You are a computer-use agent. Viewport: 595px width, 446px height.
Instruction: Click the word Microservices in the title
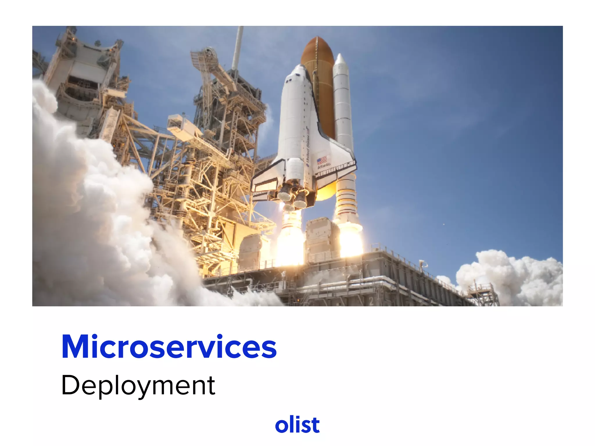tap(169, 347)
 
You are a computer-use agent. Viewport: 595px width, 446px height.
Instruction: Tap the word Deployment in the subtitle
tap(138, 385)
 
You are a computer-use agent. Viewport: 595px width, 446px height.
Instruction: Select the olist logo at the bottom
tap(297, 425)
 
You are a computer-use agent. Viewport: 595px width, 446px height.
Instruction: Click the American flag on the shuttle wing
tap(322, 160)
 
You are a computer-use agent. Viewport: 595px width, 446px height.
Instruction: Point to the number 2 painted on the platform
tap(371, 301)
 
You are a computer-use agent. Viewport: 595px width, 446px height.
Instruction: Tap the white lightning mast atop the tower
tap(238, 46)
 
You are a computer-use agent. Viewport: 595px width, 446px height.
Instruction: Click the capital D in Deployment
tap(70, 385)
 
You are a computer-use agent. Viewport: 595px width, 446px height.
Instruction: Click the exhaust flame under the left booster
tap(289, 241)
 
